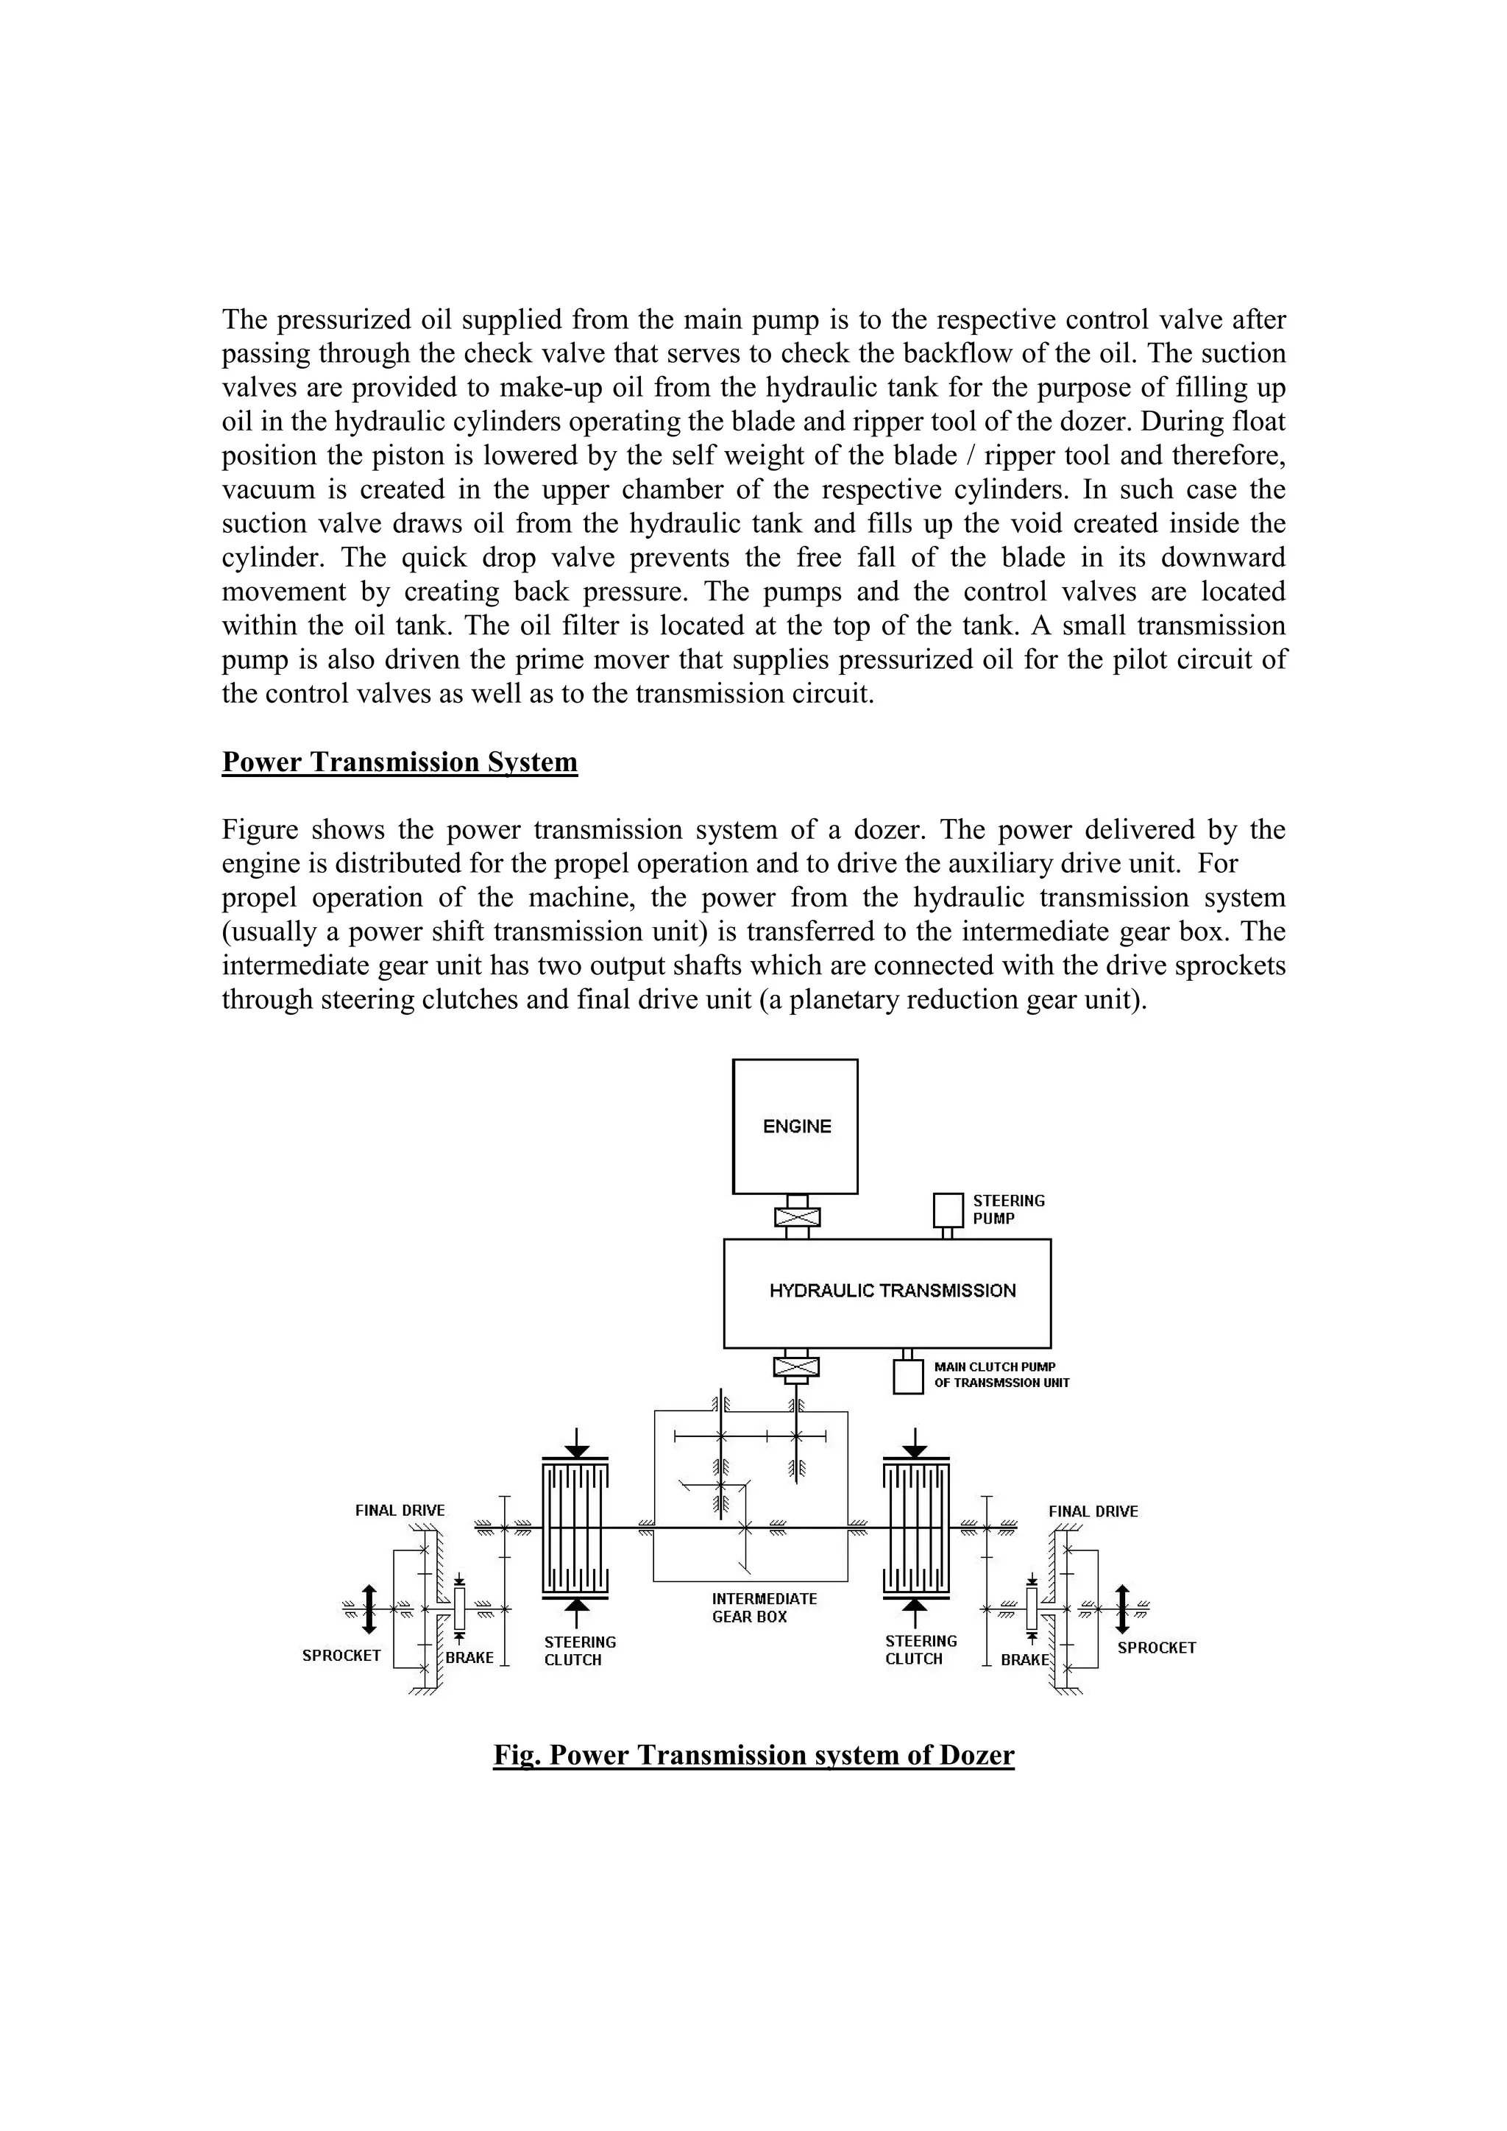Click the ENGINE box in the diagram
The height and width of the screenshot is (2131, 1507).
(x=795, y=1126)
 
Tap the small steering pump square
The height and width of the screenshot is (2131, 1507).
(x=948, y=1210)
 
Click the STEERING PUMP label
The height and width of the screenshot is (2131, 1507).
(x=1009, y=1210)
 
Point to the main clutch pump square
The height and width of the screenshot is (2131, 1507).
(x=907, y=1377)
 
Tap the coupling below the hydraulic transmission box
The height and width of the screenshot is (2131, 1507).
(x=796, y=1366)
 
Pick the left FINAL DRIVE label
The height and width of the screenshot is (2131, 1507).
(x=400, y=1510)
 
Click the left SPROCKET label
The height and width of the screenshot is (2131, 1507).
(x=341, y=1655)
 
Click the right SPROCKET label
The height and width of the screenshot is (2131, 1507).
(x=1156, y=1648)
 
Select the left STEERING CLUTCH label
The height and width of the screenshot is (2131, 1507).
(x=579, y=1651)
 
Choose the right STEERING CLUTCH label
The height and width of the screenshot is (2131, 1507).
(x=921, y=1650)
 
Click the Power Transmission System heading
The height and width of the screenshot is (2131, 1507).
(x=400, y=762)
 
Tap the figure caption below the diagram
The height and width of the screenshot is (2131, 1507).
(x=753, y=1755)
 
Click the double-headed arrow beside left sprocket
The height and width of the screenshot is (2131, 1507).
(x=369, y=1609)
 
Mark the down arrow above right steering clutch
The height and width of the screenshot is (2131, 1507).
(x=915, y=1444)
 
